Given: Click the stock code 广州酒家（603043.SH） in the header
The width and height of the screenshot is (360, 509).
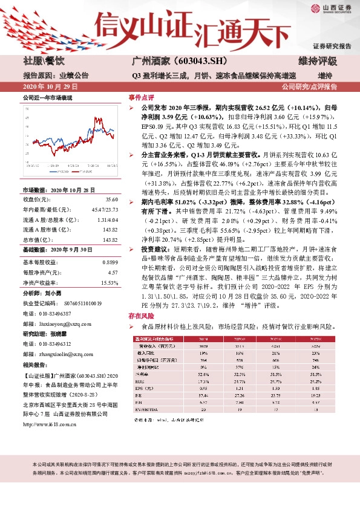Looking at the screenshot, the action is [179, 60].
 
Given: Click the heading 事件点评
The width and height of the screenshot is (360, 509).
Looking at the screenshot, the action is [141, 97].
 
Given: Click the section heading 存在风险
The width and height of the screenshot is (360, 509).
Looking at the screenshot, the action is [141, 315].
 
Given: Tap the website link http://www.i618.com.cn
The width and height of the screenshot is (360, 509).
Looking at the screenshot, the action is [50, 423].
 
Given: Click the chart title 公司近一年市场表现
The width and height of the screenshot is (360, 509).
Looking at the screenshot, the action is [47, 97].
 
